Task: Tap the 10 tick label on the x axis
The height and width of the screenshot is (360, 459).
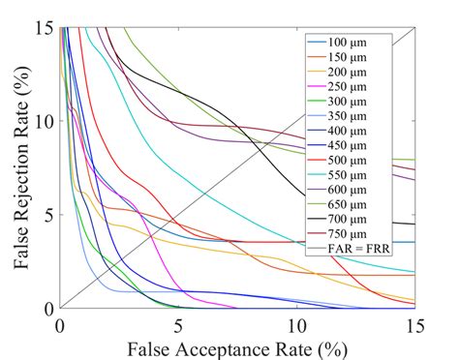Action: (x=296, y=324)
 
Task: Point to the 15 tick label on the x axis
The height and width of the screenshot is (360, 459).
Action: (x=414, y=324)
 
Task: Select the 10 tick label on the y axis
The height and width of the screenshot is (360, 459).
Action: (x=45, y=121)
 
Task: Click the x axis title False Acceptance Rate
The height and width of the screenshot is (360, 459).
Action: (x=237, y=345)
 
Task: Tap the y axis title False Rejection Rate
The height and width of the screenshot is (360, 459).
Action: (x=16, y=167)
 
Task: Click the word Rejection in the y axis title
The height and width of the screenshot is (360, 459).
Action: (x=16, y=169)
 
